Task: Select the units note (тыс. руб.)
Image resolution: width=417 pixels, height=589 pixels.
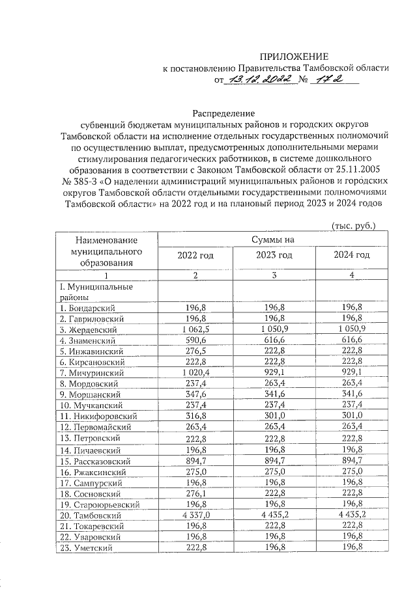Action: (354, 226)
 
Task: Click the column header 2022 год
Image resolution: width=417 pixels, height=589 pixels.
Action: (195, 254)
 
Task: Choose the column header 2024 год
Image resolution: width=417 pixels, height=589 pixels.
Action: (352, 254)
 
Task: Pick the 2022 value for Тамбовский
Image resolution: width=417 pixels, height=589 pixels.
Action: (195, 514)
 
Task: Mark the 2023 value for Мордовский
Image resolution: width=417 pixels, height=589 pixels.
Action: (274, 383)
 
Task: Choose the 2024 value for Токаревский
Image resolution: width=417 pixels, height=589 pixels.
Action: (352, 526)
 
